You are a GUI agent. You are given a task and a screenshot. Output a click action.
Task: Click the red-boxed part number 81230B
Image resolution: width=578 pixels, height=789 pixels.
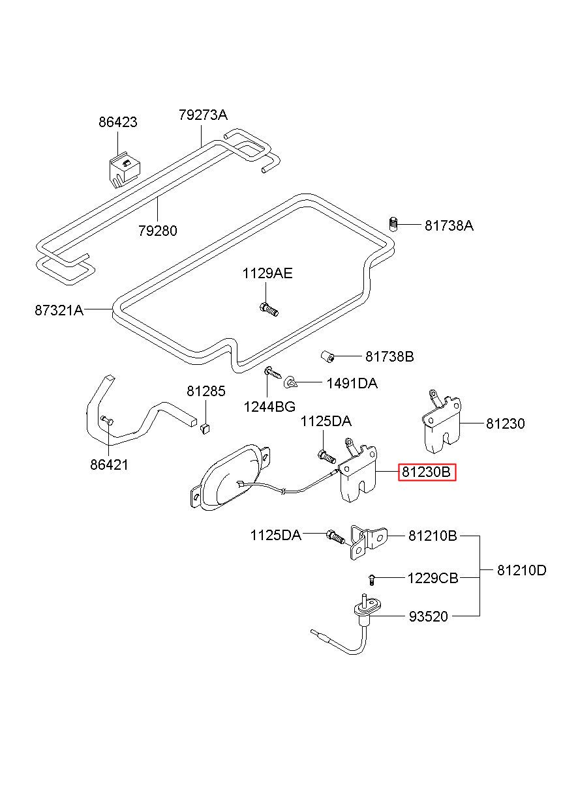tap(427, 472)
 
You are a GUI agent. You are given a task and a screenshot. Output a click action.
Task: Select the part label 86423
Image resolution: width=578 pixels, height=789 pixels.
tap(117, 122)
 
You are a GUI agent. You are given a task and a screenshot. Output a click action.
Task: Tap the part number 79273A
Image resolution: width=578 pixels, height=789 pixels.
tap(203, 115)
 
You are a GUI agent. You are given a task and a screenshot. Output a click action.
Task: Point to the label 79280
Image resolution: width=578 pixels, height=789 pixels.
tap(158, 231)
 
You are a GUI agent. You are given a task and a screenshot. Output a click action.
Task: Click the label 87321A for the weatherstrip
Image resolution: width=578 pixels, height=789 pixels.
tap(59, 310)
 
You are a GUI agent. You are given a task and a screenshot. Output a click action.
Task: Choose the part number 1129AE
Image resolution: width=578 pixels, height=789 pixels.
tap(267, 274)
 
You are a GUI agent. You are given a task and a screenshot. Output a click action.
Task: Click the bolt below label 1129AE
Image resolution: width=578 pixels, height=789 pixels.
tap(269, 309)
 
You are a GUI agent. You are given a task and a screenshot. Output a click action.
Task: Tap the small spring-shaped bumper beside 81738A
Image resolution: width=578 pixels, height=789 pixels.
tap(393, 224)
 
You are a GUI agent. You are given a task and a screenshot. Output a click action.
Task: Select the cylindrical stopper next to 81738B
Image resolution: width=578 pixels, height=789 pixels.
tap(328, 356)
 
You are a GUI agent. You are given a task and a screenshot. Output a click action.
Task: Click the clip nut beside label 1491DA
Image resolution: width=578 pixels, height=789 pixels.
tap(290, 381)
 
